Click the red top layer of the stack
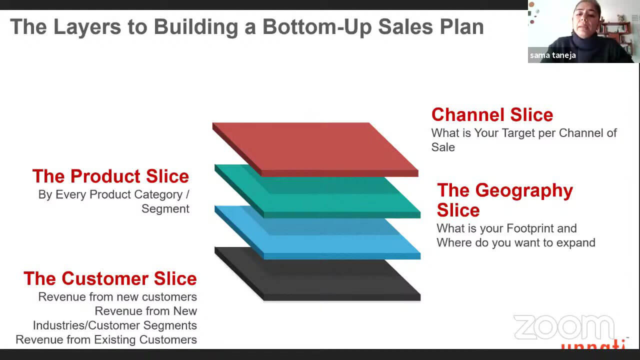point(314,148)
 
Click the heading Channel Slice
point(492,115)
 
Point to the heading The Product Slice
point(110,176)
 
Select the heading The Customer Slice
point(110,278)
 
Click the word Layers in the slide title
point(87,27)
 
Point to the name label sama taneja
point(552,55)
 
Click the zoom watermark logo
point(564,327)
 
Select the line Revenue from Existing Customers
point(106,339)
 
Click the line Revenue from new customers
point(117,297)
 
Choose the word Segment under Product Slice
point(165,209)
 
